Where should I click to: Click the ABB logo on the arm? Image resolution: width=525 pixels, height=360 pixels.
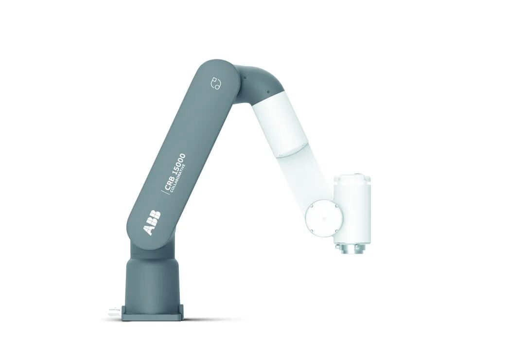click(x=152, y=223)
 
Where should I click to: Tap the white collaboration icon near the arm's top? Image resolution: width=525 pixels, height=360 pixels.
click(x=216, y=83)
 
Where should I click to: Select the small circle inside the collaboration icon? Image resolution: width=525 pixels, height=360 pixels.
click(x=217, y=87)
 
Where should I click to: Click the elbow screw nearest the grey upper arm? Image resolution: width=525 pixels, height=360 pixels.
click(x=245, y=77)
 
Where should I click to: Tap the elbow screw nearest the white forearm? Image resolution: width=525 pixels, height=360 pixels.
click(x=268, y=92)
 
